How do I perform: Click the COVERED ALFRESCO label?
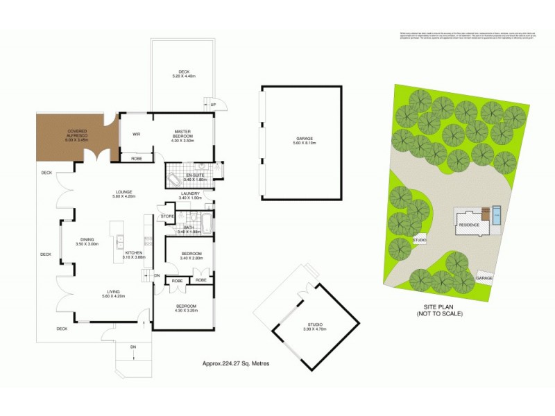click(76, 132)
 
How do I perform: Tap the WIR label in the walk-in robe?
click(137, 134)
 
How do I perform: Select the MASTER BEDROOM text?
click(183, 135)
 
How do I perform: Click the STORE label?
click(166, 216)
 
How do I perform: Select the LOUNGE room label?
click(105, 193)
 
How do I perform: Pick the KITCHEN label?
click(133, 254)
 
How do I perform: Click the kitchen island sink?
click(119, 241)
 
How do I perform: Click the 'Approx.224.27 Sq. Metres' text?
click(236, 363)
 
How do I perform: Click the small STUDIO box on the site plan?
click(419, 240)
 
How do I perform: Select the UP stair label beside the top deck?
click(214, 105)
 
